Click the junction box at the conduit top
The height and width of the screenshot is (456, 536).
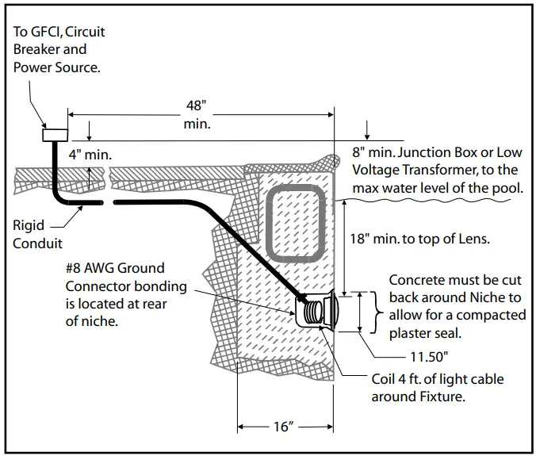pos(55,135)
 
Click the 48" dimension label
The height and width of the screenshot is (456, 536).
pos(196,105)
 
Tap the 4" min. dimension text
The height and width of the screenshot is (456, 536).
pos(90,155)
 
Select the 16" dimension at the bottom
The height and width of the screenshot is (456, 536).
pos(284,427)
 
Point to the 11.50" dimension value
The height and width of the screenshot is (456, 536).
pos(429,357)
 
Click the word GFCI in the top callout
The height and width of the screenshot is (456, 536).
pos(46,32)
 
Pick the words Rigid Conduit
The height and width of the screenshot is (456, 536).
pos(37,234)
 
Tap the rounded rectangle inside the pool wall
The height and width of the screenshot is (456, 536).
pos(294,223)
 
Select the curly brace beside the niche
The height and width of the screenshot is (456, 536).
pos(377,312)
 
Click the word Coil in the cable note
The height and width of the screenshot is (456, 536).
pos(382,379)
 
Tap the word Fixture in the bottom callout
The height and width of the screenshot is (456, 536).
pos(440,397)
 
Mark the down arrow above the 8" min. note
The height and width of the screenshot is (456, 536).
pos(367,130)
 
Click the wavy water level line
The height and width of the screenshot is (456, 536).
pos(423,201)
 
